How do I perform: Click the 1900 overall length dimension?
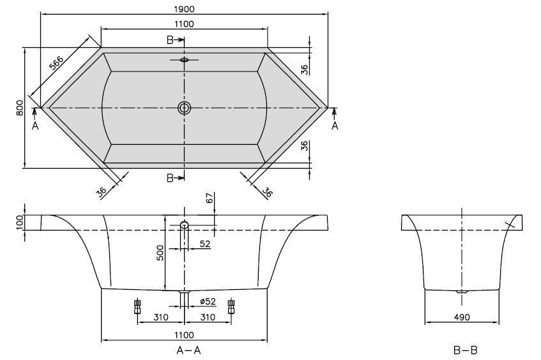pos(184,8)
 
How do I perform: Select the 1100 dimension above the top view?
pos(184,24)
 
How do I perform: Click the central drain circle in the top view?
pos(185,108)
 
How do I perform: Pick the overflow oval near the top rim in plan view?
pos(185,61)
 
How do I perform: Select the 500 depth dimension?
pos(161,253)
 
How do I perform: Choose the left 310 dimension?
pos(160,317)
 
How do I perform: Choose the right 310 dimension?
pos(208,317)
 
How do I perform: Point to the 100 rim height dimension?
pos(20,222)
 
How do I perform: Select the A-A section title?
pos(184,350)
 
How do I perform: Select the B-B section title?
pos(462,350)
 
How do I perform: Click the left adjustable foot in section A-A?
pos(137,307)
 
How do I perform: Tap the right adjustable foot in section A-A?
pos(231,307)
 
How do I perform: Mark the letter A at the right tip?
pos(335,126)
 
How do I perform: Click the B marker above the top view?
pos(171,40)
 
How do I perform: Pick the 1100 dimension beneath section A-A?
pos(184,334)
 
